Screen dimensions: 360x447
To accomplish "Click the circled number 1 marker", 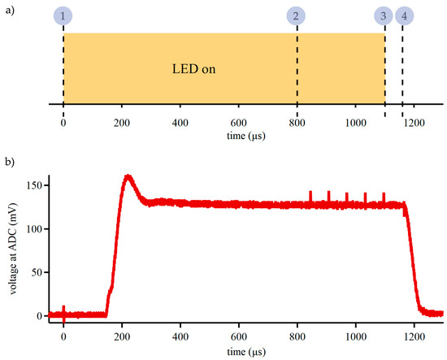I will [x=63, y=15].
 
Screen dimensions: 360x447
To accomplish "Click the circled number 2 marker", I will [x=297, y=15].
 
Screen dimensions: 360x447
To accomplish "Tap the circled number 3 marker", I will [x=384, y=15].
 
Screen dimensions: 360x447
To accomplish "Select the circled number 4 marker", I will [x=403, y=15].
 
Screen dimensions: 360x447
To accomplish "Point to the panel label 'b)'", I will [x=8, y=162].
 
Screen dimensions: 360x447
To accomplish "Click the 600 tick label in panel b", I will [x=238, y=335].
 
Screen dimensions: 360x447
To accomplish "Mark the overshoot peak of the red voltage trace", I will [x=128, y=176].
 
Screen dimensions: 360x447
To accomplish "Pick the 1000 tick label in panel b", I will [x=355, y=335].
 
